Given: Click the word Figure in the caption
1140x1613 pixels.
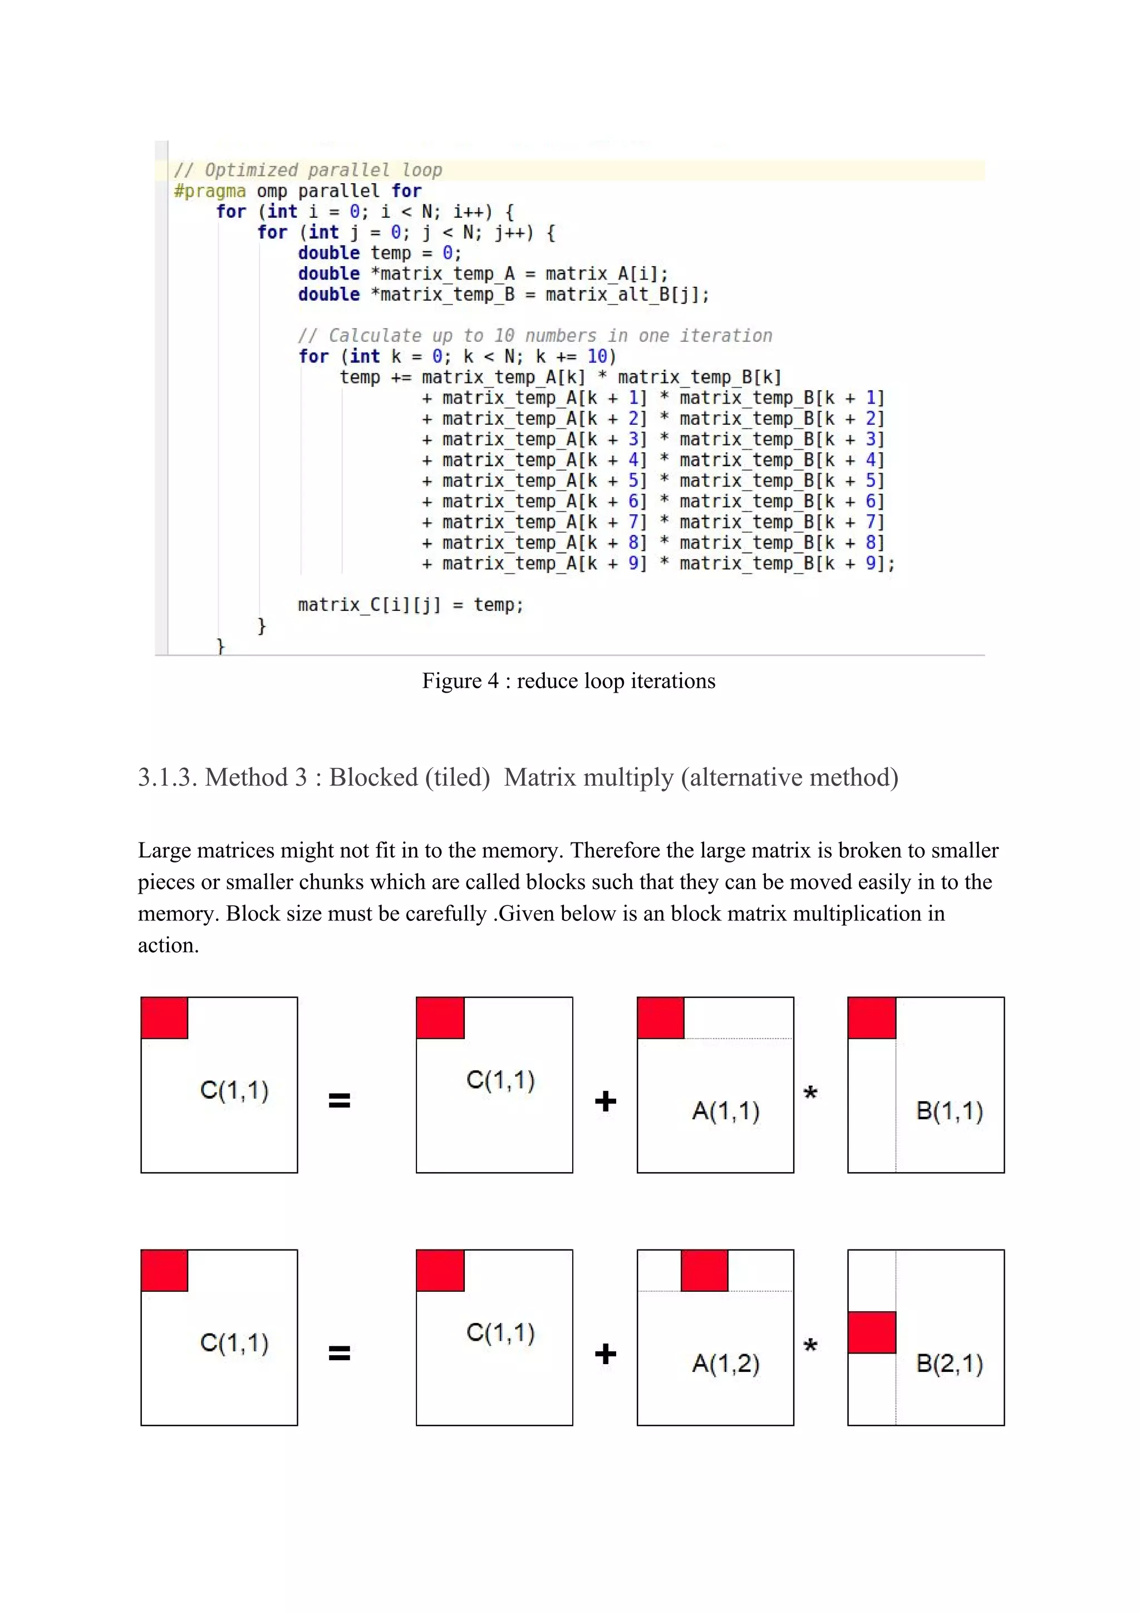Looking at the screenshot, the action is click(x=451, y=681).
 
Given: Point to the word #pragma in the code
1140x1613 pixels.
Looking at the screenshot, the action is click(x=209, y=191).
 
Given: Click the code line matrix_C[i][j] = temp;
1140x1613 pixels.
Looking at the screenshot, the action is click(x=410, y=605).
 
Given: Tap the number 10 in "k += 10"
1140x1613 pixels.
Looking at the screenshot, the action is click(x=597, y=357).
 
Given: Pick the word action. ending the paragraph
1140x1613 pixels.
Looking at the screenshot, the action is click(x=168, y=945).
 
